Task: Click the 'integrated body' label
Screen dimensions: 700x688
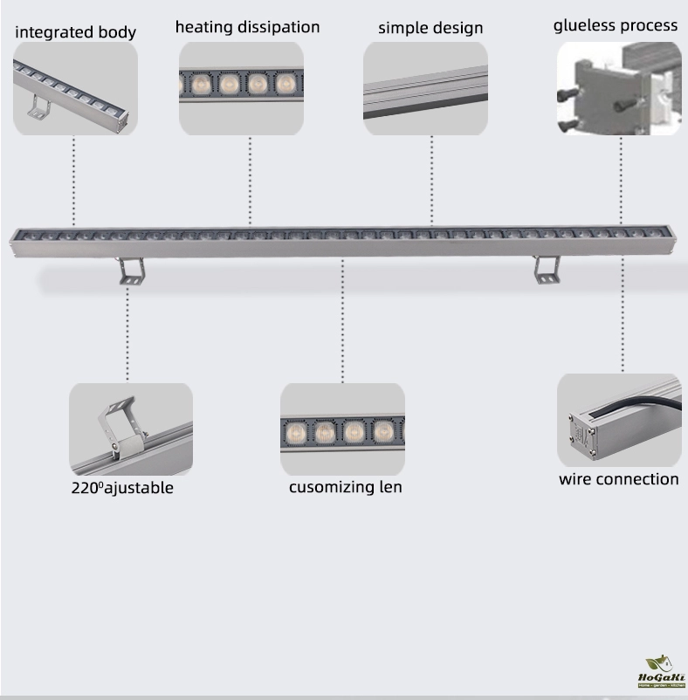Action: click(x=75, y=32)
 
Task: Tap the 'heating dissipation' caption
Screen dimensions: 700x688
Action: click(x=247, y=27)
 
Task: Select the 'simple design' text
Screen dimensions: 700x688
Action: click(x=430, y=28)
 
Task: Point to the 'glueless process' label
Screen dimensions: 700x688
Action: click(x=616, y=25)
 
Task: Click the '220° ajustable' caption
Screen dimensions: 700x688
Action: click(x=122, y=488)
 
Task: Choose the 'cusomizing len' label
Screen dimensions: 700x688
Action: click(x=346, y=487)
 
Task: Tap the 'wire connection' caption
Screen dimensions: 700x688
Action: click(x=619, y=479)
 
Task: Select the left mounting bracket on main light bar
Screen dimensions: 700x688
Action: click(x=133, y=271)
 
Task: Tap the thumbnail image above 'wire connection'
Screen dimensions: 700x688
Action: click(x=619, y=421)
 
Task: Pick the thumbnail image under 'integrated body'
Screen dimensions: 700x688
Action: click(x=75, y=88)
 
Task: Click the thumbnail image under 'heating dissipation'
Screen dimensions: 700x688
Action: click(x=241, y=88)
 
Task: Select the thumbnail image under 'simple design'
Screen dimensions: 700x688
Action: click(x=425, y=88)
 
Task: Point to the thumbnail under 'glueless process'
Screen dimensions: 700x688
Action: click(x=619, y=88)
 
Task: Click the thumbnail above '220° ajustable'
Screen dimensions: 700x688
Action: click(x=131, y=429)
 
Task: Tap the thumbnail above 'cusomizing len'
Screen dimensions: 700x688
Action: click(x=342, y=429)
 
